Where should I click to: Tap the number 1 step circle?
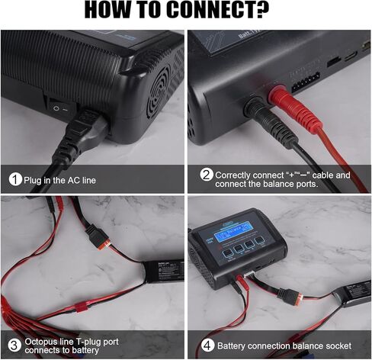click(x=15, y=180)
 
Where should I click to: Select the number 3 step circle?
click(x=15, y=345)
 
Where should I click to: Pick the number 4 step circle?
click(x=206, y=345)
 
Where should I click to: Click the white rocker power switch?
click(x=56, y=108)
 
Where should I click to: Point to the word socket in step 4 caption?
click(x=346, y=345)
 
